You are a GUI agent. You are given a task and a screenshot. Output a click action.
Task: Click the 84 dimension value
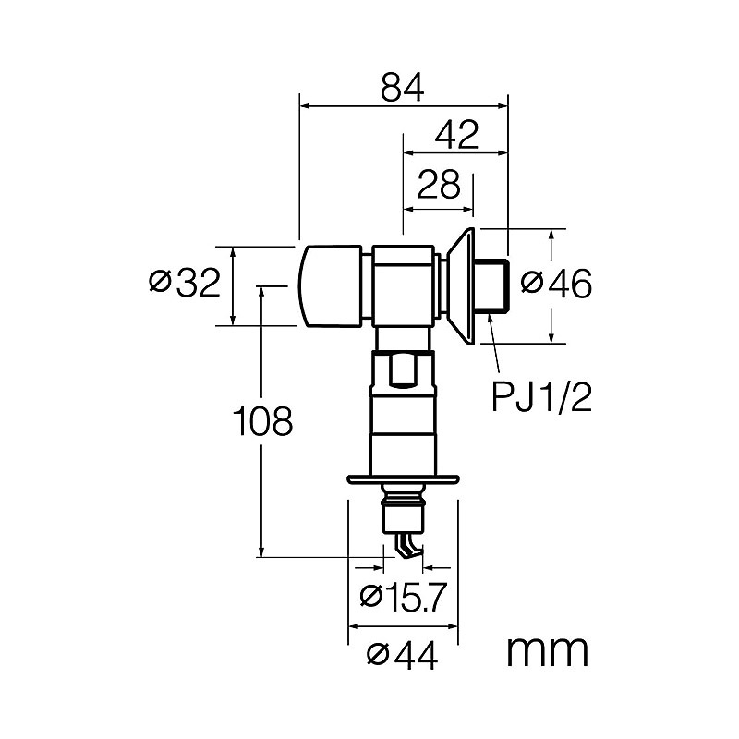coord(403,87)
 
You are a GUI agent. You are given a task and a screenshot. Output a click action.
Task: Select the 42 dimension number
coord(456,134)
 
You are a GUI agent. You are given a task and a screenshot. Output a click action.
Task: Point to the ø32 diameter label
coord(184,283)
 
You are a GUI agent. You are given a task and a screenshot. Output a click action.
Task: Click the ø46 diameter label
coord(556,284)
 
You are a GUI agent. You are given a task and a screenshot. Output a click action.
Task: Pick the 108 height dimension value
coord(263,421)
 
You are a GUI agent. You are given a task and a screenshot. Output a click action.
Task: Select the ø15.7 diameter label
coord(403,596)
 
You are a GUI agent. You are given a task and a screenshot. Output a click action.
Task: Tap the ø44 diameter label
coord(402,655)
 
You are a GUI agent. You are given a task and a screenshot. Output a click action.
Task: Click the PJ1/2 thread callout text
coord(541,397)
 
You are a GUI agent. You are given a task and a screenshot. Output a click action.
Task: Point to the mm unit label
coord(547,651)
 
